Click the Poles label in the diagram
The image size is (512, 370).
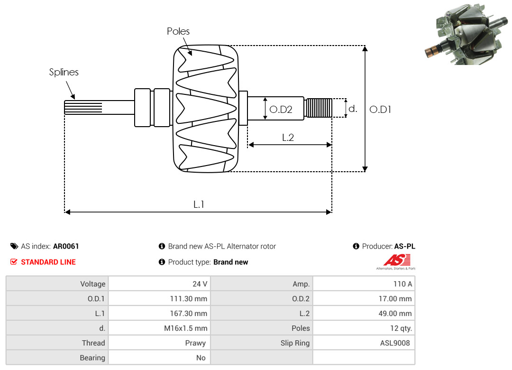pos(178,31)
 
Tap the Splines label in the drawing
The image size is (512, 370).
pos(64,72)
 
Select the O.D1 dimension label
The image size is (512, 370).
pos(380,110)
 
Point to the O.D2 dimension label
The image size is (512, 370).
pos(281,110)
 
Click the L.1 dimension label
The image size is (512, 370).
pos(199,204)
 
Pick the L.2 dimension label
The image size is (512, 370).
pos(288,138)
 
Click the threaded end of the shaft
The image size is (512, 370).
pos(318,108)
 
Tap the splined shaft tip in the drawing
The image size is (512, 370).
pos(83,107)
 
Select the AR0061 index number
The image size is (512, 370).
pos(66,246)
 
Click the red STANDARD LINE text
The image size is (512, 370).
pos(48,262)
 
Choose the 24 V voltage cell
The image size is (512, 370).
pos(199,284)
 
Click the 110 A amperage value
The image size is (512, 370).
pos(402,284)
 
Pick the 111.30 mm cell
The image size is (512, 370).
pos(189,299)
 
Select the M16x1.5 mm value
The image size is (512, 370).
pos(185,328)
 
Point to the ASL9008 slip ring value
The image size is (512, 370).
pos(395,343)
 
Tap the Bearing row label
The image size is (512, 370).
pos(92,358)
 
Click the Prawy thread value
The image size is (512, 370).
pos(195,343)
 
